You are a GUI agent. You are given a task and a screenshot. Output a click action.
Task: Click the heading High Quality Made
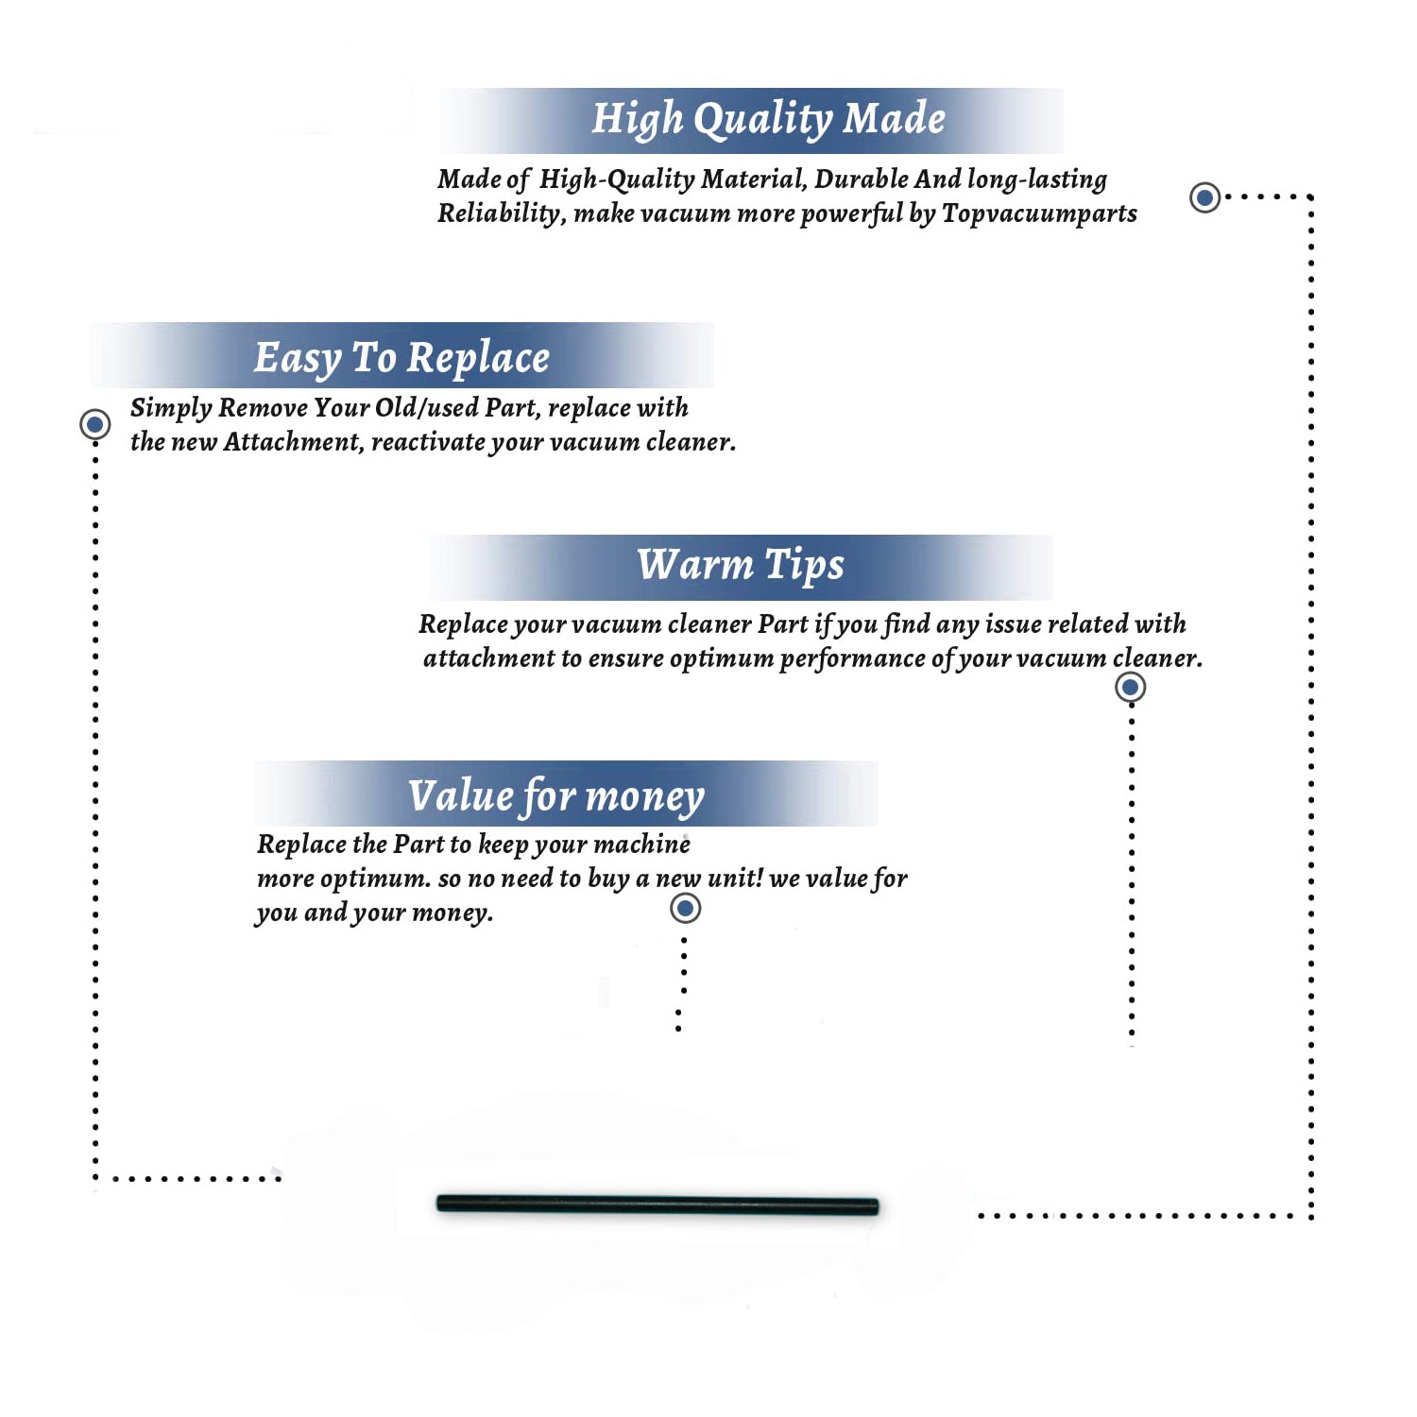click(x=768, y=120)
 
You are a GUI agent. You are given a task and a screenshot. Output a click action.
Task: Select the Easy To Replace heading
click(x=401, y=359)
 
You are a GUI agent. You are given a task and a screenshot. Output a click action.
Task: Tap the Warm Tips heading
click(x=741, y=566)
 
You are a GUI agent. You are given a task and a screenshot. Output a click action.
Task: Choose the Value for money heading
click(x=556, y=796)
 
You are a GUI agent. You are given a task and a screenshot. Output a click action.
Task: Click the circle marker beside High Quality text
click(x=1204, y=197)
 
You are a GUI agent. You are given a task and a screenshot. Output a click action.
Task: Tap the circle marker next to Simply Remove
click(x=94, y=424)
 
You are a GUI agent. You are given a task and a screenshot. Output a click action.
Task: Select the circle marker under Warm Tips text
click(x=1130, y=687)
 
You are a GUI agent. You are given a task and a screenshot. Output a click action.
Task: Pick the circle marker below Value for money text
click(x=685, y=909)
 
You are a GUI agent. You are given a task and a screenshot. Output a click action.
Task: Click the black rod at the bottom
click(x=657, y=1204)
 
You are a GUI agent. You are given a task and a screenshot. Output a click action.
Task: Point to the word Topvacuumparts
click(x=1039, y=214)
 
